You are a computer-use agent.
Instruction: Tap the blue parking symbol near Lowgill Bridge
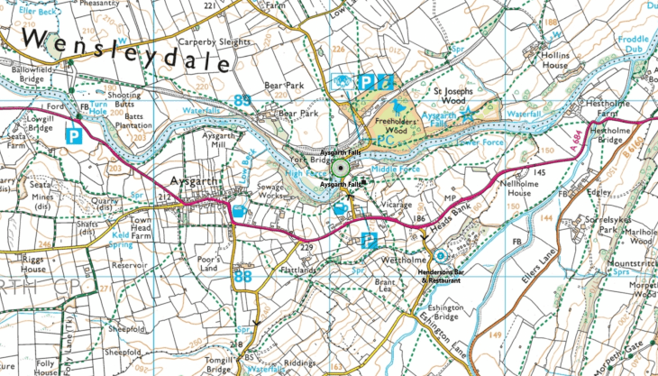click(74, 137)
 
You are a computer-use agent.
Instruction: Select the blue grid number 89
click(242, 99)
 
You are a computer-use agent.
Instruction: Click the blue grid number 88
click(242, 277)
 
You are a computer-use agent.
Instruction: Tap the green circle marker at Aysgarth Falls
click(339, 167)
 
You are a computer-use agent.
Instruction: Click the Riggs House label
click(22, 263)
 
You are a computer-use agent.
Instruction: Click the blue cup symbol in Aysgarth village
click(240, 212)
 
